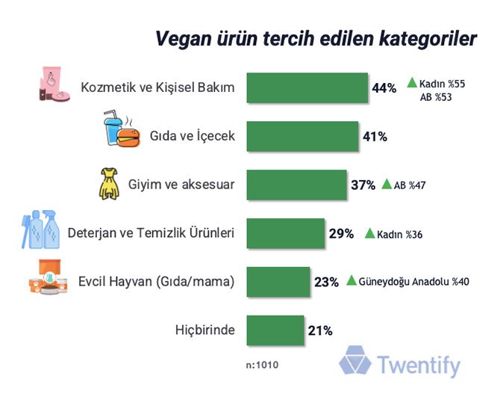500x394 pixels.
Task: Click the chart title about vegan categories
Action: [x=316, y=39]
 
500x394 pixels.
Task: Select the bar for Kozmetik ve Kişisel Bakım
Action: [x=307, y=88]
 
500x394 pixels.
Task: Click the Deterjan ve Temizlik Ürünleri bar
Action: [x=285, y=233]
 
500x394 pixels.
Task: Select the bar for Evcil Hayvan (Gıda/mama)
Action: [x=278, y=281]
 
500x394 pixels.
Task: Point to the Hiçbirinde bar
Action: [x=274, y=330]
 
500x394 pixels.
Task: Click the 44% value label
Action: [x=384, y=88]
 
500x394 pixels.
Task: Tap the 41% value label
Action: [x=375, y=136]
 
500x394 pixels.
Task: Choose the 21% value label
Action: [x=319, y=330]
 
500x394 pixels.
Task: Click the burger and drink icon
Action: [x=121, y=131]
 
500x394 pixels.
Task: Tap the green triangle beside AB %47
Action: [x=387, y=184]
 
